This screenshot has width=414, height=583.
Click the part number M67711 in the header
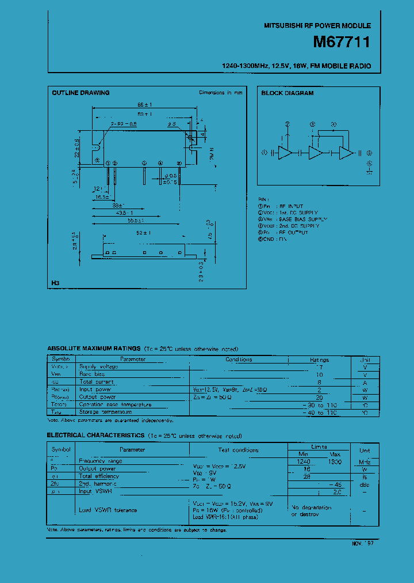tap(342, 42)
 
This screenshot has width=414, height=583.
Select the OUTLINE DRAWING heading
tap(80, 93)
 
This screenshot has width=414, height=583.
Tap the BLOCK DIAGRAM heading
tap(287, 93)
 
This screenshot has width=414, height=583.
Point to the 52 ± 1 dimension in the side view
tap(144, 233)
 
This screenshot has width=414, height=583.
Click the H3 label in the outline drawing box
tap(55, 283)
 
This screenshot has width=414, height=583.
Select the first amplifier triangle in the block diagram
tap(285, 153)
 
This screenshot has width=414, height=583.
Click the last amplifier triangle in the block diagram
tap(346, 153)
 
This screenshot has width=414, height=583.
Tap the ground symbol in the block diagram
tap(370, 169)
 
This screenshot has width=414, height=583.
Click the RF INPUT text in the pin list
tap(292, 206)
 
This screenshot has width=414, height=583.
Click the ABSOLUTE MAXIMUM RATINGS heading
tap(94, 349)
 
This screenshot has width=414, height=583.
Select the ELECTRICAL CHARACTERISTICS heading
tap(95, 436)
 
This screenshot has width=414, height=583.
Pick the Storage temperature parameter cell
tap(105, 412)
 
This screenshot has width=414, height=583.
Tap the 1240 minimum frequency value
tap(303, 461)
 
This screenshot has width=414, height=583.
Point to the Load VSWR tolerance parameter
tap(108, 510)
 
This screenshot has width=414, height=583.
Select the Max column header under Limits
tap(334, 454)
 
